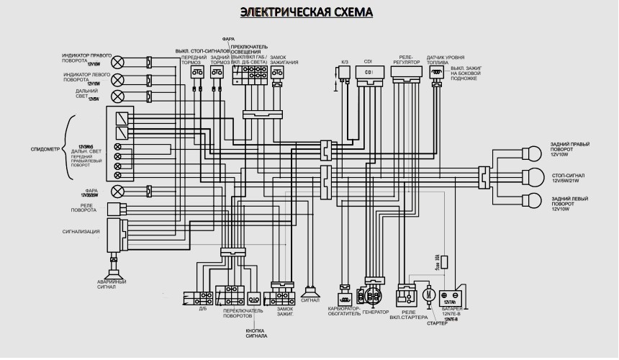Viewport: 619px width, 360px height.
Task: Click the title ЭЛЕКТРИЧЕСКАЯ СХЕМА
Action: (307, 12)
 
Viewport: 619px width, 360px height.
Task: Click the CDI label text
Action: (369, 61)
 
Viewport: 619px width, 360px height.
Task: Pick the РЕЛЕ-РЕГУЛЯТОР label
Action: (407, 59)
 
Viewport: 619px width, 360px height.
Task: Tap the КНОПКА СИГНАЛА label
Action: (256, 333)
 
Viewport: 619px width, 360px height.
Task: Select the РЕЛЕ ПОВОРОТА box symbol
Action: (115, 209)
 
